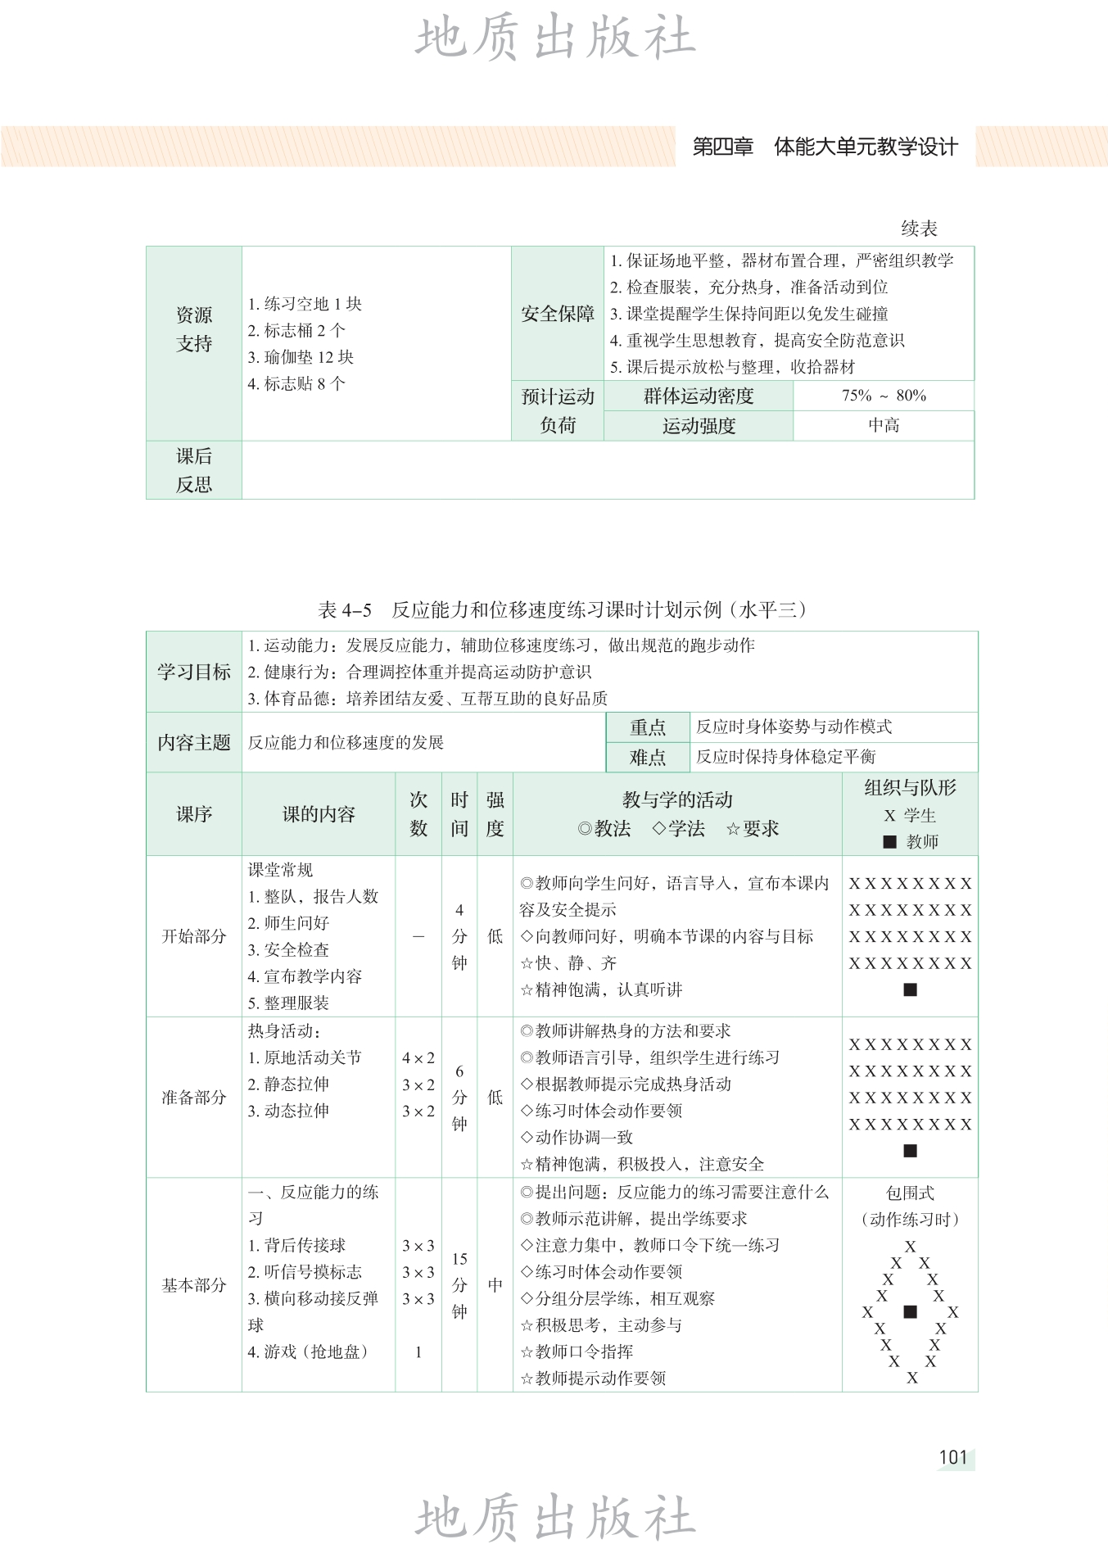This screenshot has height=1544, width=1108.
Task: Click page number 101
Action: pos(953,1456)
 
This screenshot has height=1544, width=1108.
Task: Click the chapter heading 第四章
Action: pos(722,147)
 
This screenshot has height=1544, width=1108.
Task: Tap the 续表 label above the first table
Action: pos(919,229)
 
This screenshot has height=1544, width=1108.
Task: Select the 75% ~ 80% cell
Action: pos(884,396)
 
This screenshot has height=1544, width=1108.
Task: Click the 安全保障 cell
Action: pos(558,314)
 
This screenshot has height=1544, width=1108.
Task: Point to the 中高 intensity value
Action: pos(884,425)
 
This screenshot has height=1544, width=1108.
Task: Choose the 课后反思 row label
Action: pos(194,470)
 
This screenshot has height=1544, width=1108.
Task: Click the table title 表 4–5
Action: pos(345,609)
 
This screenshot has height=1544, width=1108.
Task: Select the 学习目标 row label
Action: pos(194,672)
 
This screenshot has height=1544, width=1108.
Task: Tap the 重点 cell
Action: pos(648,727)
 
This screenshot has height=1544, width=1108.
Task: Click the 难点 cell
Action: pos(648,757)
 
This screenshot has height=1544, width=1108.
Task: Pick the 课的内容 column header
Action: pos(319,814)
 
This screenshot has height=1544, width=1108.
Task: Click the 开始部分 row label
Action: pos(194,936)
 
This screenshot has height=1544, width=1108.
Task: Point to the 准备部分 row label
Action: pos(194,1098)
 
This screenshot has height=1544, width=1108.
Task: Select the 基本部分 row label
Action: pos(194,1285)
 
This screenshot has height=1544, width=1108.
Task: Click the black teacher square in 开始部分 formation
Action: pos(910,989)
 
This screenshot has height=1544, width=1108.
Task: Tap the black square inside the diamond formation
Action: pos(910,1311)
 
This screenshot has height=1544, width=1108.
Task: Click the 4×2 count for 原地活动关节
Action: pos(418,1058)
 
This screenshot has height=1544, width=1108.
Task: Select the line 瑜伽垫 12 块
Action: pos(301,357)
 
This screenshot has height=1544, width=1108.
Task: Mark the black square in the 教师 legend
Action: pos(890,841)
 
